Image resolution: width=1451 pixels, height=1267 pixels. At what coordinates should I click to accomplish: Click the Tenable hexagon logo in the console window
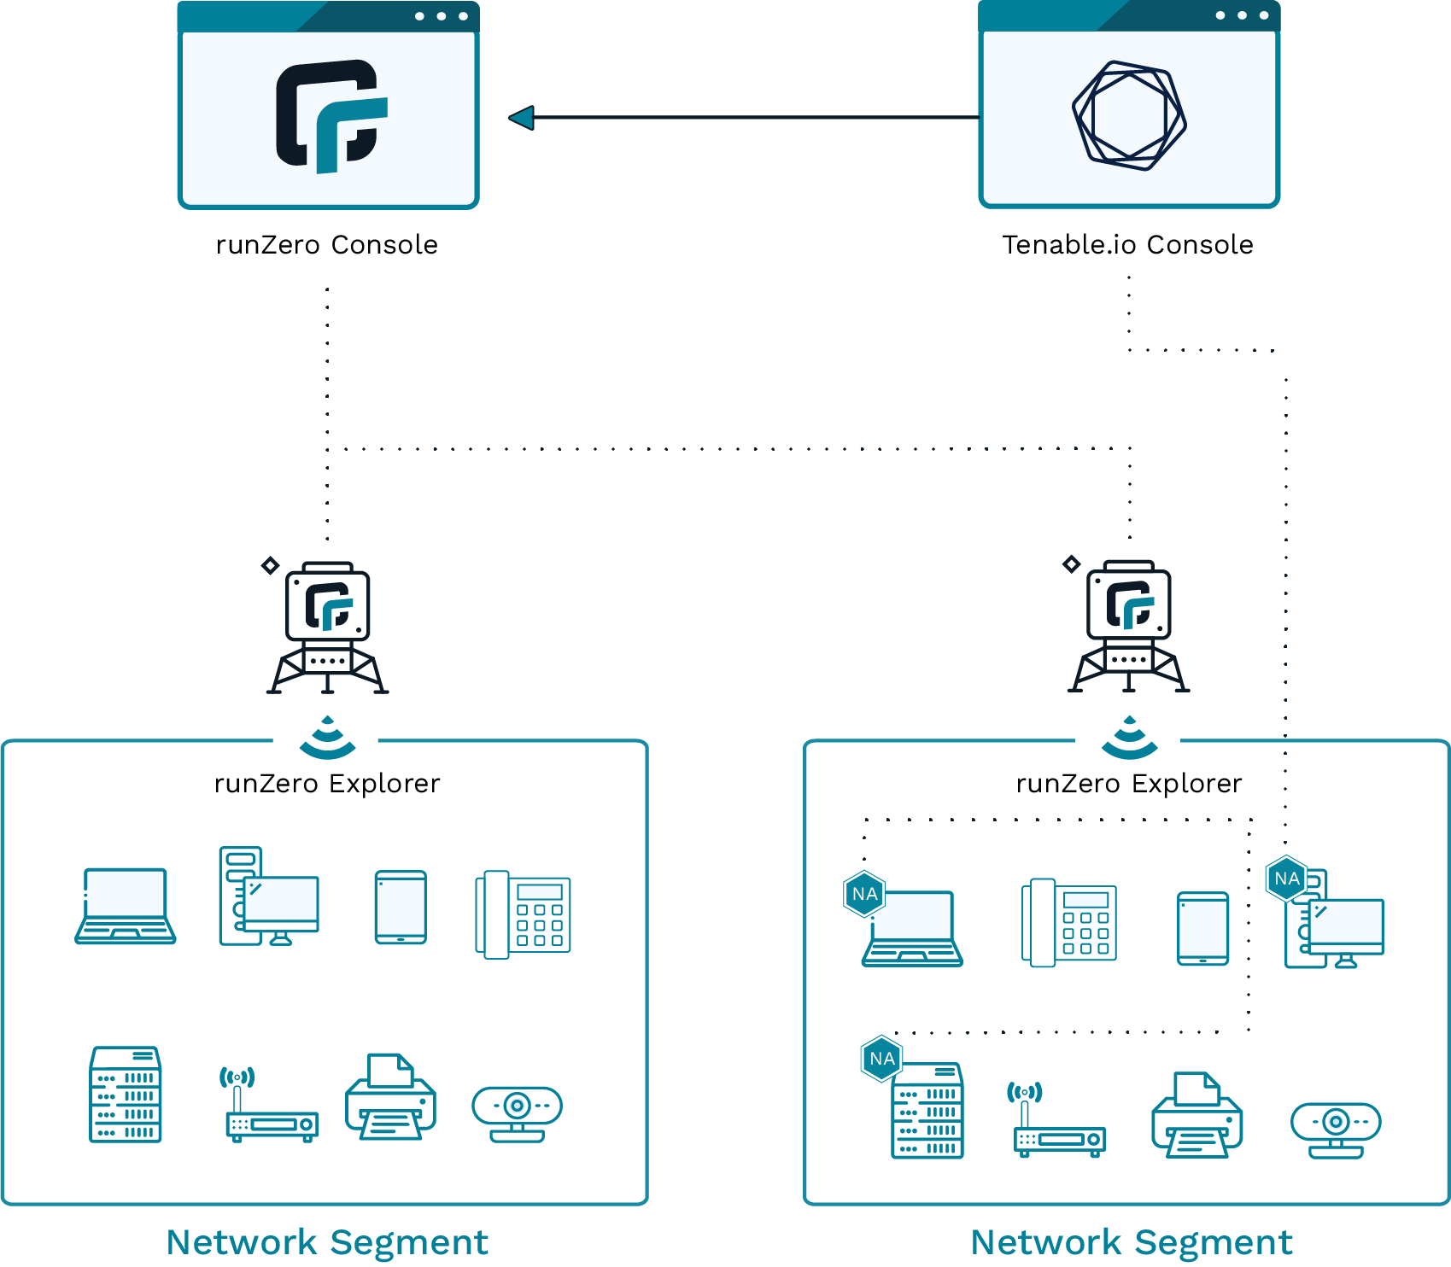[1129, 115]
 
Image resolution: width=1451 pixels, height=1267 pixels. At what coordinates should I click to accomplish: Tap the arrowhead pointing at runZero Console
[522, 118]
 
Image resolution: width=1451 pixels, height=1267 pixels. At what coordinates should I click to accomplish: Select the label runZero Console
[327, 245]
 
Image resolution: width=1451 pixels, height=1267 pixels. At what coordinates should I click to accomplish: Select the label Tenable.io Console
[1127, 245]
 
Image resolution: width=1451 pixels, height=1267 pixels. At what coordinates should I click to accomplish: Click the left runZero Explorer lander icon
[328, 628]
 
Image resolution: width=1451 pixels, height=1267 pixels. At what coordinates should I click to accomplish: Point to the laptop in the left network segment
[126, 906]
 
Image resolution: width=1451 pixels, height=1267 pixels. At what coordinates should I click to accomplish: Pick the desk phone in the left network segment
[523, 914]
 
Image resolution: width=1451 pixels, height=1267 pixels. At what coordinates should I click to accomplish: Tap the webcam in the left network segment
[517, 1112]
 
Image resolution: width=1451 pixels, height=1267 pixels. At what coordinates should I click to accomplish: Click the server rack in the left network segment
[126, 1094]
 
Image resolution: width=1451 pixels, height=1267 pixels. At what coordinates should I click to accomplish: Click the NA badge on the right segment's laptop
[864, 894]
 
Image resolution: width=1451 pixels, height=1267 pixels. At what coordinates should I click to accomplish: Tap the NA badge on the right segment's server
[882, 1059]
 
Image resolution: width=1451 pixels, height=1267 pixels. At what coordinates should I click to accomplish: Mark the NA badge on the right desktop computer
[1286, 879]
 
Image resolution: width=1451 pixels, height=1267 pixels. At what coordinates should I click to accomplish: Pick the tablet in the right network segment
[1202, 929]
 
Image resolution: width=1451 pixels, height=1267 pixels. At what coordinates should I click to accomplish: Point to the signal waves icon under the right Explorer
[1129, 738]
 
